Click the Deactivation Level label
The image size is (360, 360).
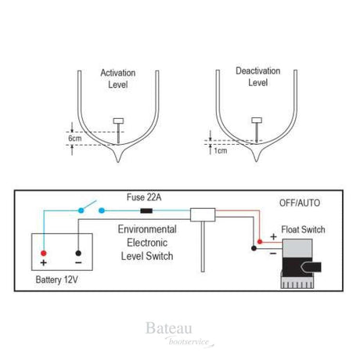(x=257, y=76)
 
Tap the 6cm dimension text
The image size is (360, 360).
(x=75, y=138)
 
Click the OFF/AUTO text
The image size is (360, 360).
(x=300, y=203)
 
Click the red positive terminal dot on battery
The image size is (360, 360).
(x=45, y=253)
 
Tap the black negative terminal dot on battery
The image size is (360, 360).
(x=79, y=253)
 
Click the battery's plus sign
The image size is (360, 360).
(x=45, y=264)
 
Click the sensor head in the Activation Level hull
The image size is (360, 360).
(x=118, y=120)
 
